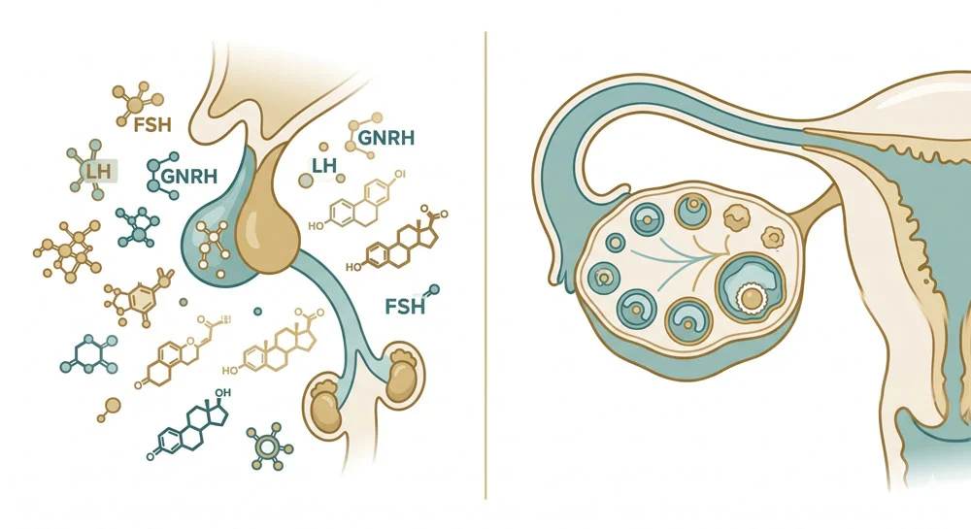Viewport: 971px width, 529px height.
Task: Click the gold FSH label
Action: click(x=151, y=125)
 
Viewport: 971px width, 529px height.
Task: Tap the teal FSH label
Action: click(x=405, y=307)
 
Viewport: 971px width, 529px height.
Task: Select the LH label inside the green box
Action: click(x=98, y=171)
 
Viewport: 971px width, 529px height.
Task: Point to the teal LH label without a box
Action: click(x=324, y=165)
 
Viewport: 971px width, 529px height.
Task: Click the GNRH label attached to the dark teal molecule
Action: click(x=189, y=177)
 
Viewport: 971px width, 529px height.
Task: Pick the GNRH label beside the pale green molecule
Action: click(x=386, y=138)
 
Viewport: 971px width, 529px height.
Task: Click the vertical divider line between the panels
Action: click(x=485, y=265)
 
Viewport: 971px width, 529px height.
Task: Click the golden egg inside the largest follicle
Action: click(x=752, y=299)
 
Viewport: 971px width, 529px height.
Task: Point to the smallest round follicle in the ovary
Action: click(x=615, y=243)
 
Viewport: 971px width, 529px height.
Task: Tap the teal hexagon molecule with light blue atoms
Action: click(x=89, y=354)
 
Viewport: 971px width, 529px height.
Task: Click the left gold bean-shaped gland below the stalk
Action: click(x=325, y=406)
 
